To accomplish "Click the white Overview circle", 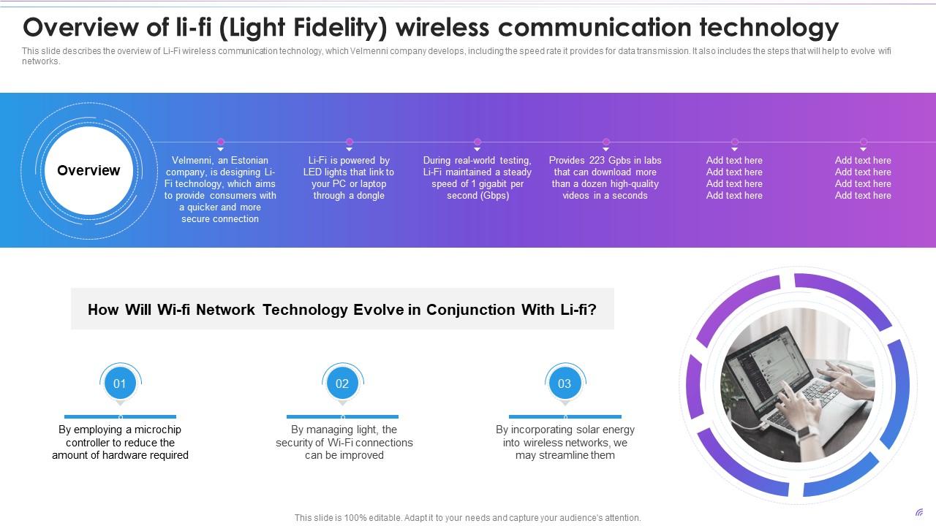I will tap(88, 170).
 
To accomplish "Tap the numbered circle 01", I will tap(120, 383).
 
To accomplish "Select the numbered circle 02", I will tap(342, 383).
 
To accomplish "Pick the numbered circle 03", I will tap(565, 383).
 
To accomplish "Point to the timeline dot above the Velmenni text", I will tap(221, 142).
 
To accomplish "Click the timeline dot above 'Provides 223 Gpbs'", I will tap(605, 142).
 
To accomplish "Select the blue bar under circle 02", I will tap(342, 416).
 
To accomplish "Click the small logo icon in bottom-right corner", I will tap(919, 513).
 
